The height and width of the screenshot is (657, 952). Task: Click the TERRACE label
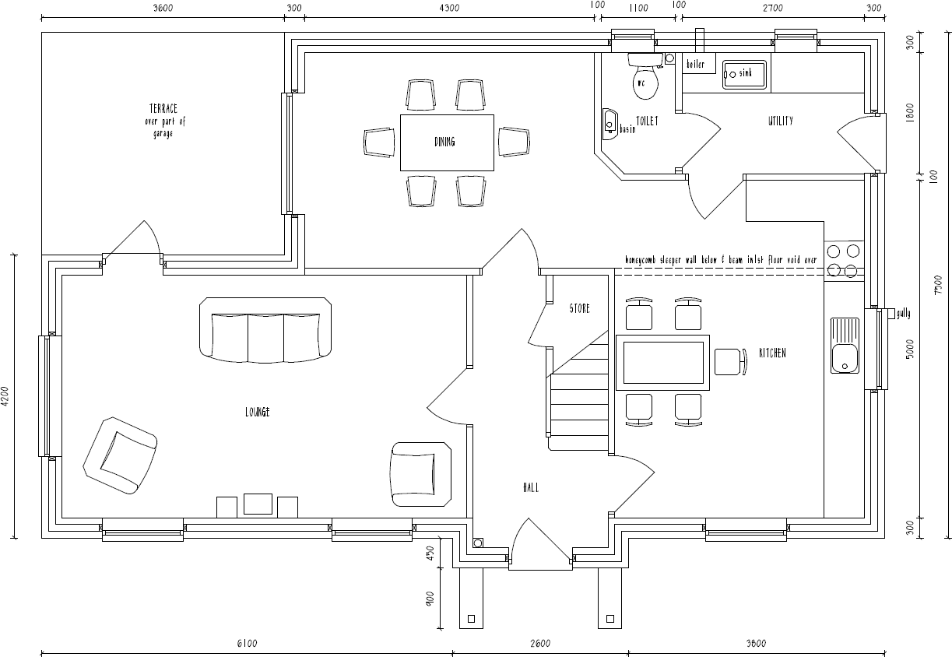pos(163,109)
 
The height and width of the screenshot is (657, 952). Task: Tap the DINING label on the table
pos(444,142)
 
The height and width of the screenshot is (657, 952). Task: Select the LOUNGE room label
pos(257,412)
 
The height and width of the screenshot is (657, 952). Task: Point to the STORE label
pos(579,308)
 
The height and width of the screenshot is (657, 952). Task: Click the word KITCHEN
pos(772,353)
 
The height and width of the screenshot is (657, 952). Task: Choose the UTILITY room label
pos(780,121)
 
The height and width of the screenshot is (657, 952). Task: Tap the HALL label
pos(531,487)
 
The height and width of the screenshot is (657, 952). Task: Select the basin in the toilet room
pos(609,124)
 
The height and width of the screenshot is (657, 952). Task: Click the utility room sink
pos(743,74)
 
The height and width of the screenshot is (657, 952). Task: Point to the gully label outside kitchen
pos(902,314)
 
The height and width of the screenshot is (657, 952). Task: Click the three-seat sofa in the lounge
pos(265,330)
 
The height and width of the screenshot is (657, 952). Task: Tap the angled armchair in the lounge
pos(120,455)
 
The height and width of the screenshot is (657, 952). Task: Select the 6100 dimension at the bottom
pos(246,643)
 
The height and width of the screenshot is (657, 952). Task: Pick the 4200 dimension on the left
pos(6,396)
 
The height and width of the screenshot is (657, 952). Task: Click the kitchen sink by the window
pos(844,346)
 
